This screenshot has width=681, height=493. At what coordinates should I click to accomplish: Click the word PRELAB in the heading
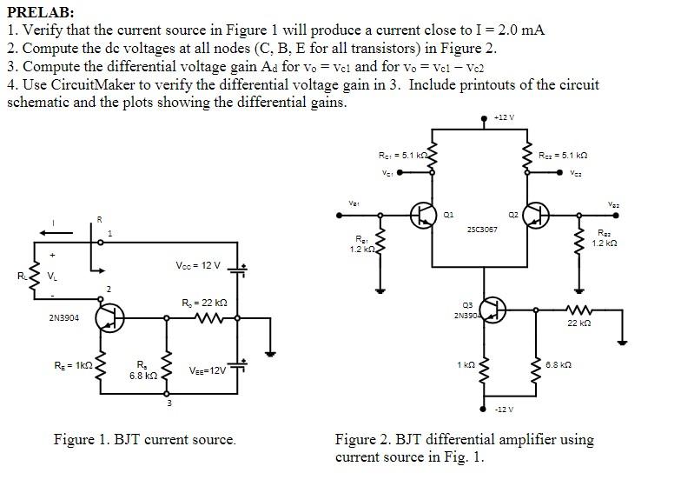[x=39, y=12]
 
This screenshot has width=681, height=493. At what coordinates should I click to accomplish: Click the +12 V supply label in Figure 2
[x=503, y=117]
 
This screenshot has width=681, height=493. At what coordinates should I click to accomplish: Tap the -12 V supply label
[x=504, y=409]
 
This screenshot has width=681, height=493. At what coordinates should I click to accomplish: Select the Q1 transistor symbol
[x=425, y=215]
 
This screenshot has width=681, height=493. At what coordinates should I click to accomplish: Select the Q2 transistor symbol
[x=536, y=215]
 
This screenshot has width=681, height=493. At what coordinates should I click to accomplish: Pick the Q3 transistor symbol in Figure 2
[x=493, y=310]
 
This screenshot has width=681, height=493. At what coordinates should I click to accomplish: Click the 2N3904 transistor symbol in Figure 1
[x=109, y=318]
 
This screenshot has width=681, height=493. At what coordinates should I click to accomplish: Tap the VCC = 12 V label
[x=197, y=265]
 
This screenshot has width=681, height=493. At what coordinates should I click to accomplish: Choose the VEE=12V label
[x=208, y=370]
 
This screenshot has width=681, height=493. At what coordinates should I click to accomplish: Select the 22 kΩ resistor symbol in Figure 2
[x=578, y=308]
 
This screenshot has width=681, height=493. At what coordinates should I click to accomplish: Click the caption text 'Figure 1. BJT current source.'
[x=144, y=439]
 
